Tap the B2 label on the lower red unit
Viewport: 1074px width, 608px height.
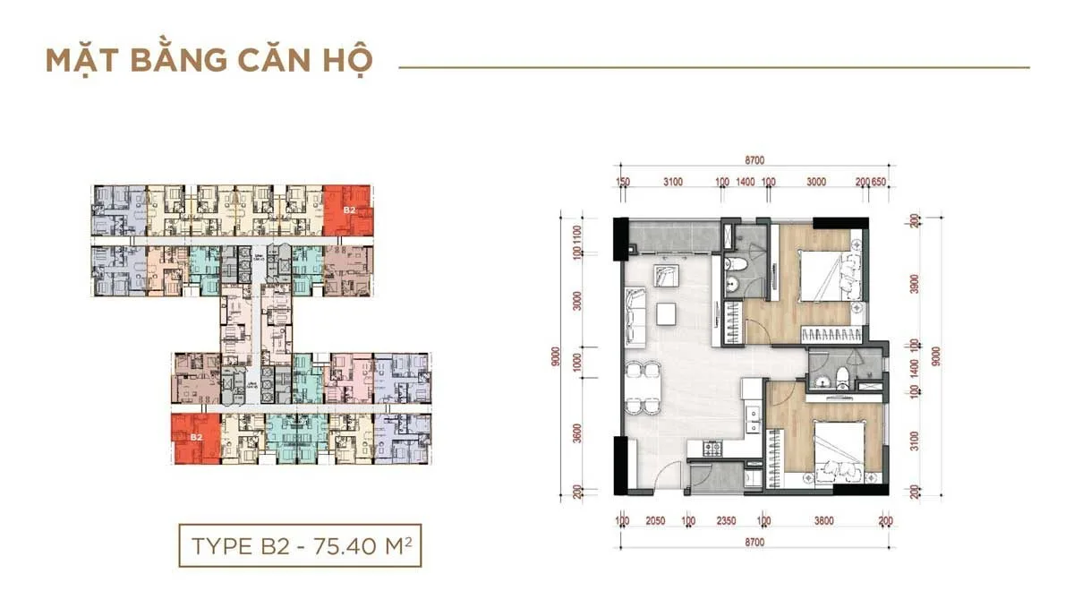point(195,436)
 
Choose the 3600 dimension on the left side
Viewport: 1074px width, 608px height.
point(577,436)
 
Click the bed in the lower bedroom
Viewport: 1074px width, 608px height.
point(839,450)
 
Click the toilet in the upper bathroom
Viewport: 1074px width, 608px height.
point(731,265)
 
